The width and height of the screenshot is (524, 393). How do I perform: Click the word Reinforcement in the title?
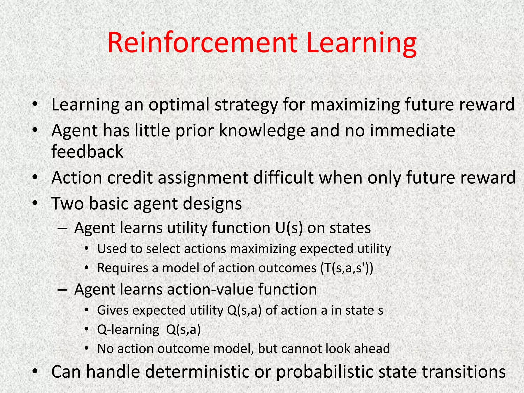coord(202,42)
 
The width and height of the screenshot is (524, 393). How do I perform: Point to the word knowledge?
coord(262,130)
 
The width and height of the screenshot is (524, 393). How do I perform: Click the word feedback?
coord(87,151)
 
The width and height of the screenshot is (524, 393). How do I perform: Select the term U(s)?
coord(289,228)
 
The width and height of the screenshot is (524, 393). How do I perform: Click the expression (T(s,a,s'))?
coord(347,268)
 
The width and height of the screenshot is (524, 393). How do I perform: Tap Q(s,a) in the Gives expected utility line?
coord(244,310)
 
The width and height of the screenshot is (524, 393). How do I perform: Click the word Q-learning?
coord(128,330)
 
